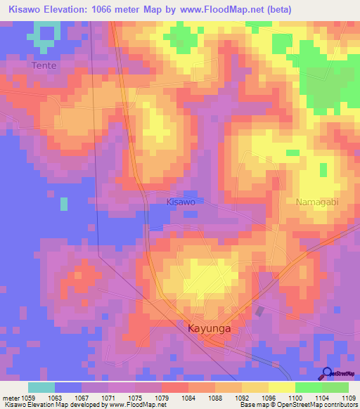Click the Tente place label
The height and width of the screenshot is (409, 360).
tap(43, 65)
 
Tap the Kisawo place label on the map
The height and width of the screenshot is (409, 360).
tap(181, 202)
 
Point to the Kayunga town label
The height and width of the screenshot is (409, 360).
tap(209, 328)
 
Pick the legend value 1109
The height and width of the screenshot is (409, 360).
tap(349, 398)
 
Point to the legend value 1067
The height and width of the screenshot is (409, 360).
tap(81, 398)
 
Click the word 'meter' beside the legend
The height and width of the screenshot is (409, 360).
tap(11, 398)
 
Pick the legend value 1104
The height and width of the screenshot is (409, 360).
tap(309, 398)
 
